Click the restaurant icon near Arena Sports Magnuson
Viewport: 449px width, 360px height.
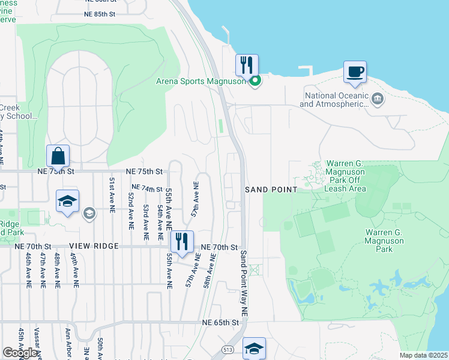click(x=247, y=64)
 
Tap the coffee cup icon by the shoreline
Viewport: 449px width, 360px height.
click(x=355, y=71)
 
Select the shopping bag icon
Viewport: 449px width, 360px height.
click(x=58, y=155)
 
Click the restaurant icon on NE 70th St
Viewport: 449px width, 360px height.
click(x=182, y=241)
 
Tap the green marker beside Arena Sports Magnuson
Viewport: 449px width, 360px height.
click(x=255, y=82)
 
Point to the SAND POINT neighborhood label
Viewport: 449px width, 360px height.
click(x=271, y=190)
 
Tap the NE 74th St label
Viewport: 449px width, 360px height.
click(x=146, y=188)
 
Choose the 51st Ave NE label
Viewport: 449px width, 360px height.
click(x=112, y=195)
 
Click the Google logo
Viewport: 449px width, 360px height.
click(x=20, y=353)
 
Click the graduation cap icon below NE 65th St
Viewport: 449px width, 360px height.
click(x=254, y=349)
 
